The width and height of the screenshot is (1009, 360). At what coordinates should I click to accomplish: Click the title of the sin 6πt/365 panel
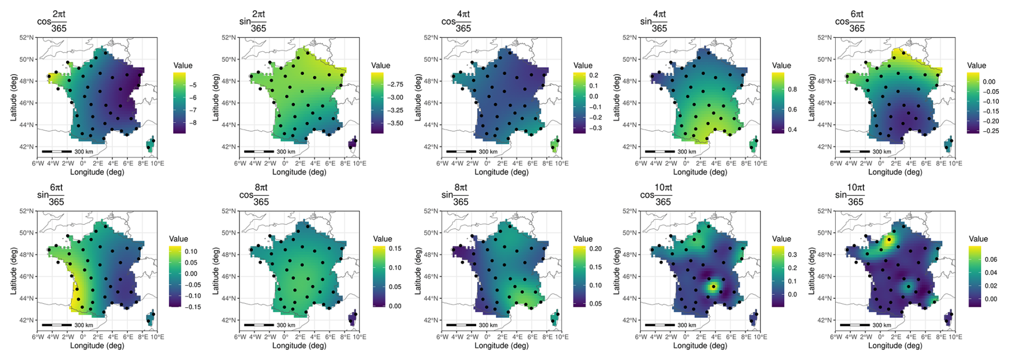[x=51, y=195]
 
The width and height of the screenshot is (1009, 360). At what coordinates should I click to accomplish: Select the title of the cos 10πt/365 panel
[x=655, y=195]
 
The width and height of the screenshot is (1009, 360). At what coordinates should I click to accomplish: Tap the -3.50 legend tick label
[x=395, y=123]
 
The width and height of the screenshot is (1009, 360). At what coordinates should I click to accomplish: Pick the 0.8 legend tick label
[x=792, y=90]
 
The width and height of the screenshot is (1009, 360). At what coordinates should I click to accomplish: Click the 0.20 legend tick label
[x=595, y=249]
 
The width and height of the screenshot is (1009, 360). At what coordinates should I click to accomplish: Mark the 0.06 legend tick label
[x=990, y=260]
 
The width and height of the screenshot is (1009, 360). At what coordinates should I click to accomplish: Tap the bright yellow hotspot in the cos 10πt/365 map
[x=714, y=286]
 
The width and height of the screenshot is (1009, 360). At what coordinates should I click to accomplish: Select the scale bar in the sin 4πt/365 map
[x=660, y=151]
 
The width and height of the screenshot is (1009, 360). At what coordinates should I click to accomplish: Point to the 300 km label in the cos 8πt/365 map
[x=286, y=325]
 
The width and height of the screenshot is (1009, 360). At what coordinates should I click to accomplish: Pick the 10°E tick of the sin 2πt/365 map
[x=360, y=164]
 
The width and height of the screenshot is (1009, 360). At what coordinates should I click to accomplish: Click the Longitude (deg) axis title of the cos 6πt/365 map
[x=895, y=172]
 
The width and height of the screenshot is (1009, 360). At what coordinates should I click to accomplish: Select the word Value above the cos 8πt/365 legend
[x=382, y=239]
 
